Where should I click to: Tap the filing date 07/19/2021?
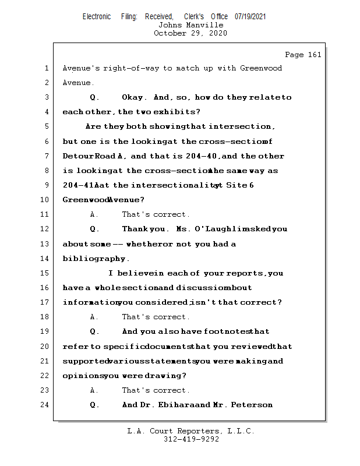(250, 17)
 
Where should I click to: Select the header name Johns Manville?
(190, 25)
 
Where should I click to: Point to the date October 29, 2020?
(190, 33)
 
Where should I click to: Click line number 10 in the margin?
(46, 200)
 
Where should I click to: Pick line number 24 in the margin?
(46, 405)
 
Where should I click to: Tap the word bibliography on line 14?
(94, 259)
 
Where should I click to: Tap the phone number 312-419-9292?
(191, 439)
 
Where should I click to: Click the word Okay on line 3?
(133, 97)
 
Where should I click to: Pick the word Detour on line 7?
(77, 156)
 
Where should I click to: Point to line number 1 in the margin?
(46, 68)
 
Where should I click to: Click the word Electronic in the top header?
(97, 17)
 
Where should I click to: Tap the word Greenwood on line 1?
(260, 68)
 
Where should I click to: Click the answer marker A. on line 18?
(93, 317)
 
